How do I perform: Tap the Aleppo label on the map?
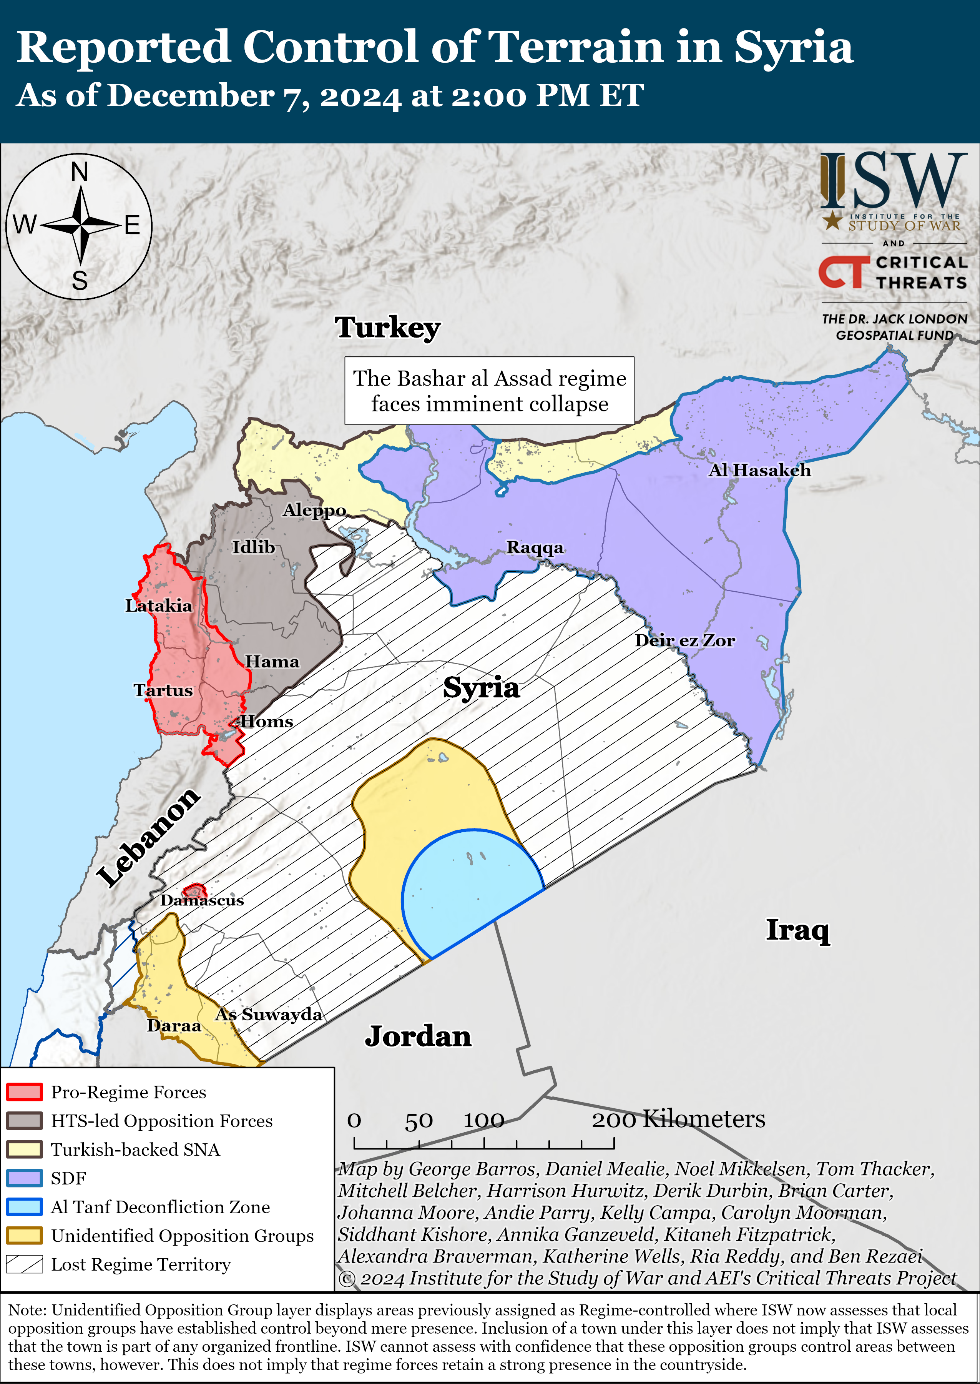(x=314, y=510)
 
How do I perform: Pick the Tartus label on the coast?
(x=163, y=690)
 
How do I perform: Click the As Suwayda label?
(x=269, y=1014)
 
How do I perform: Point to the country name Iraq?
(x=797, y=930)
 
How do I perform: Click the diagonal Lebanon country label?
(x=148, y=837)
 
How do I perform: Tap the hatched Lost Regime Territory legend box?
(x=24, y=1264)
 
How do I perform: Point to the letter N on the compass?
(x=79, y=172)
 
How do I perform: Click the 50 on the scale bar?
(x=418, y=1121)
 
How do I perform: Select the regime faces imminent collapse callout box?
(x=489, y=391)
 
